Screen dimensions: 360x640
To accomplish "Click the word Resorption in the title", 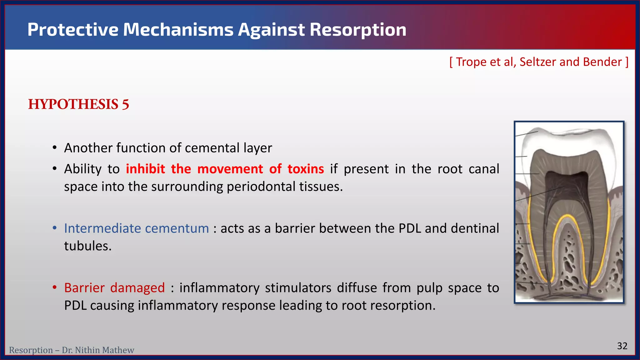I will (x=358, y=30).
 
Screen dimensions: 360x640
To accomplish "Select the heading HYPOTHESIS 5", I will (x=78, y=104).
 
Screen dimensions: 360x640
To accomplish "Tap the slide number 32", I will (x=622, y=346).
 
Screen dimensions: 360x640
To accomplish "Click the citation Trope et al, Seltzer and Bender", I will (x=539, y=62).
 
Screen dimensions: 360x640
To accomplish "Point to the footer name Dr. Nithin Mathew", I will (x=98, y=350).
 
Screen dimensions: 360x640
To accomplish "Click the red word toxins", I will (x=306, y=169).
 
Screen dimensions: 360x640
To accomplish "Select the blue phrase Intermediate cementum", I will (x=137, y=228).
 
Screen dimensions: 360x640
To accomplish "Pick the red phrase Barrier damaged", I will (x=114, y=288).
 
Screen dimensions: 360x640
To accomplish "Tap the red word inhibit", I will (x=145, y=169).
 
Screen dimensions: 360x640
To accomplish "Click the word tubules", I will (x=88, y=246).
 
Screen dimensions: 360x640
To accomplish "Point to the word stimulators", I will (x=298, y=288).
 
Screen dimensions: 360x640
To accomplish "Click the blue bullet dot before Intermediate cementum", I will (x=55, y=228).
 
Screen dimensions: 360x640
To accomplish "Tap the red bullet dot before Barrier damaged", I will (x=55, y=287).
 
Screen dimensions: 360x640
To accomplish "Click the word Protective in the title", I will (x=73, y=30).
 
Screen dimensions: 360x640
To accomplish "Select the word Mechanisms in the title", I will (x=178, y=30).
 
